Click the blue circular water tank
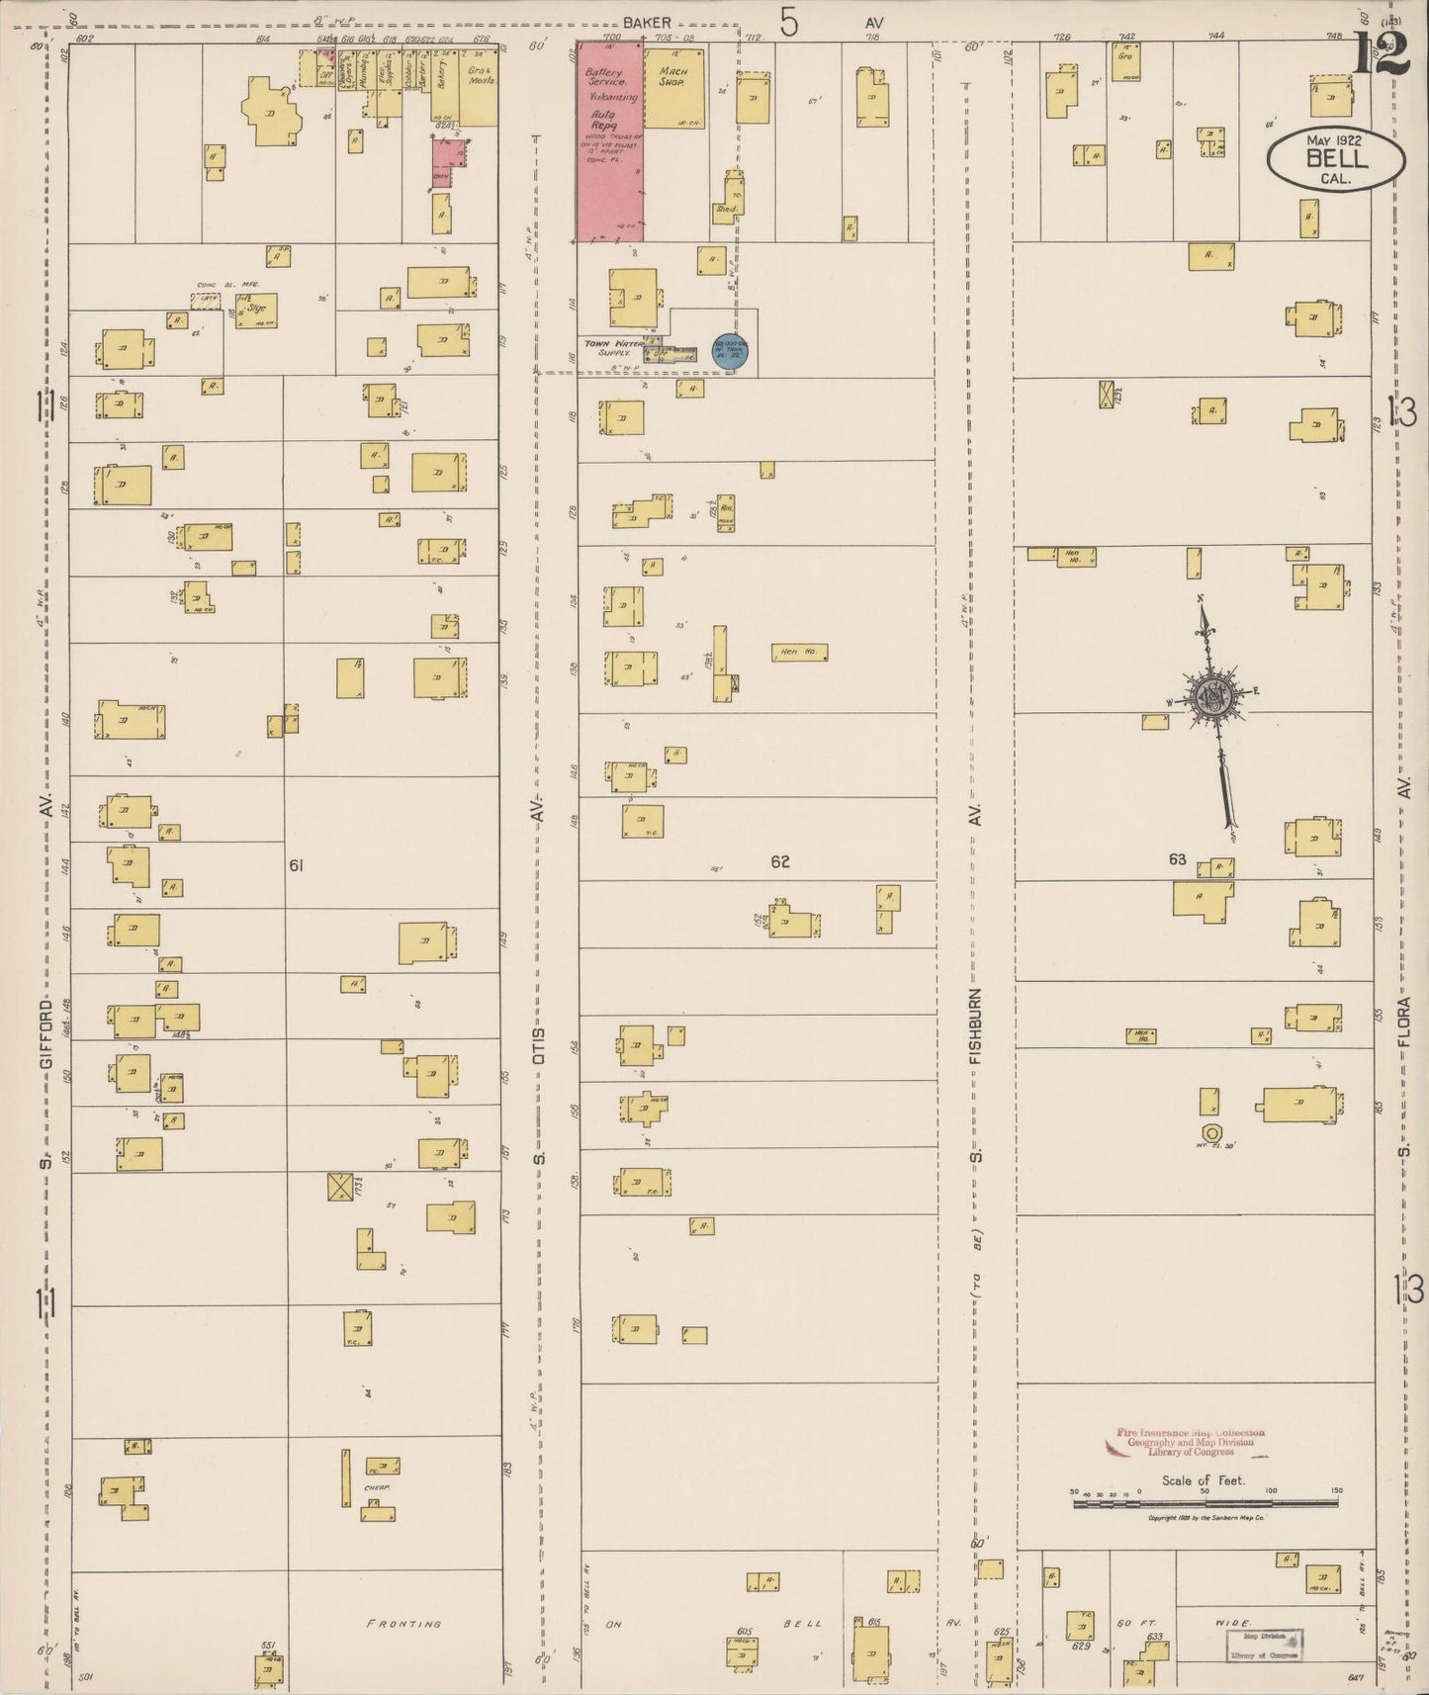pyautogui.click(x=730, y=353)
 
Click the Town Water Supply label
pyautogui.click(x=613, y=347)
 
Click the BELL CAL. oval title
pyautogui.click(x=1336, y=157)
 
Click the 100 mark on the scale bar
pyautogui.click(x=1271, y=1491)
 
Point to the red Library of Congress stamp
pyautogui.click(x=1190, y=1442)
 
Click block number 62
pyautogui.click(x=780, y=862)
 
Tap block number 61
pyautogui.click(x=295, y=866)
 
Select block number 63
pyautogui.click(x=1177, y=859)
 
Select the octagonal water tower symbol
pyautogui.click(x=1209, y=1133)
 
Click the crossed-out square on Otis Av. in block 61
pyautogui.click(x=340, y=1187)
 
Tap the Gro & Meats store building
pyautogui.click(x=481, y=86)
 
